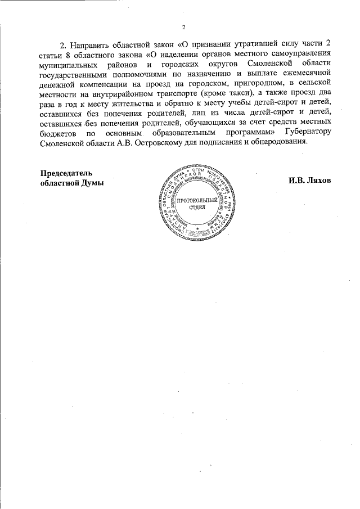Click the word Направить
89,44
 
